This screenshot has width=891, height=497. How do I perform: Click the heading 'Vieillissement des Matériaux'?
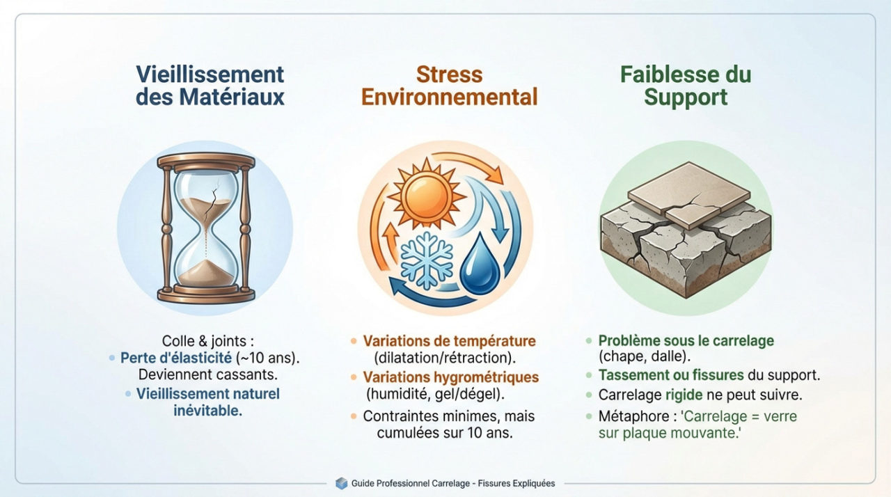[210, 85]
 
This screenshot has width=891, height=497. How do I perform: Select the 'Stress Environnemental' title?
[449, 85]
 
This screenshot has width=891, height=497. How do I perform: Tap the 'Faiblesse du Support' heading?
[685, 85]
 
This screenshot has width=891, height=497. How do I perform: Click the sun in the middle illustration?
[427, 191]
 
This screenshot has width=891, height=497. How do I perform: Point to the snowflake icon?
[426, 260]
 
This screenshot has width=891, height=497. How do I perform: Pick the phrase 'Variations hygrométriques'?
[450, 377]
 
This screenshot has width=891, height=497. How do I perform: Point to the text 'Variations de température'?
[449, 341]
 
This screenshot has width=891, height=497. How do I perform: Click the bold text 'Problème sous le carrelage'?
[686, 341]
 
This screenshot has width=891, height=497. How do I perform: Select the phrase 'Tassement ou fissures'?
[671, 375]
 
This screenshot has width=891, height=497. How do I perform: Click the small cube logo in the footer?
[341, 482]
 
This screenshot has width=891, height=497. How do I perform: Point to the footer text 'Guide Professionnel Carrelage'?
[411, 483]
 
